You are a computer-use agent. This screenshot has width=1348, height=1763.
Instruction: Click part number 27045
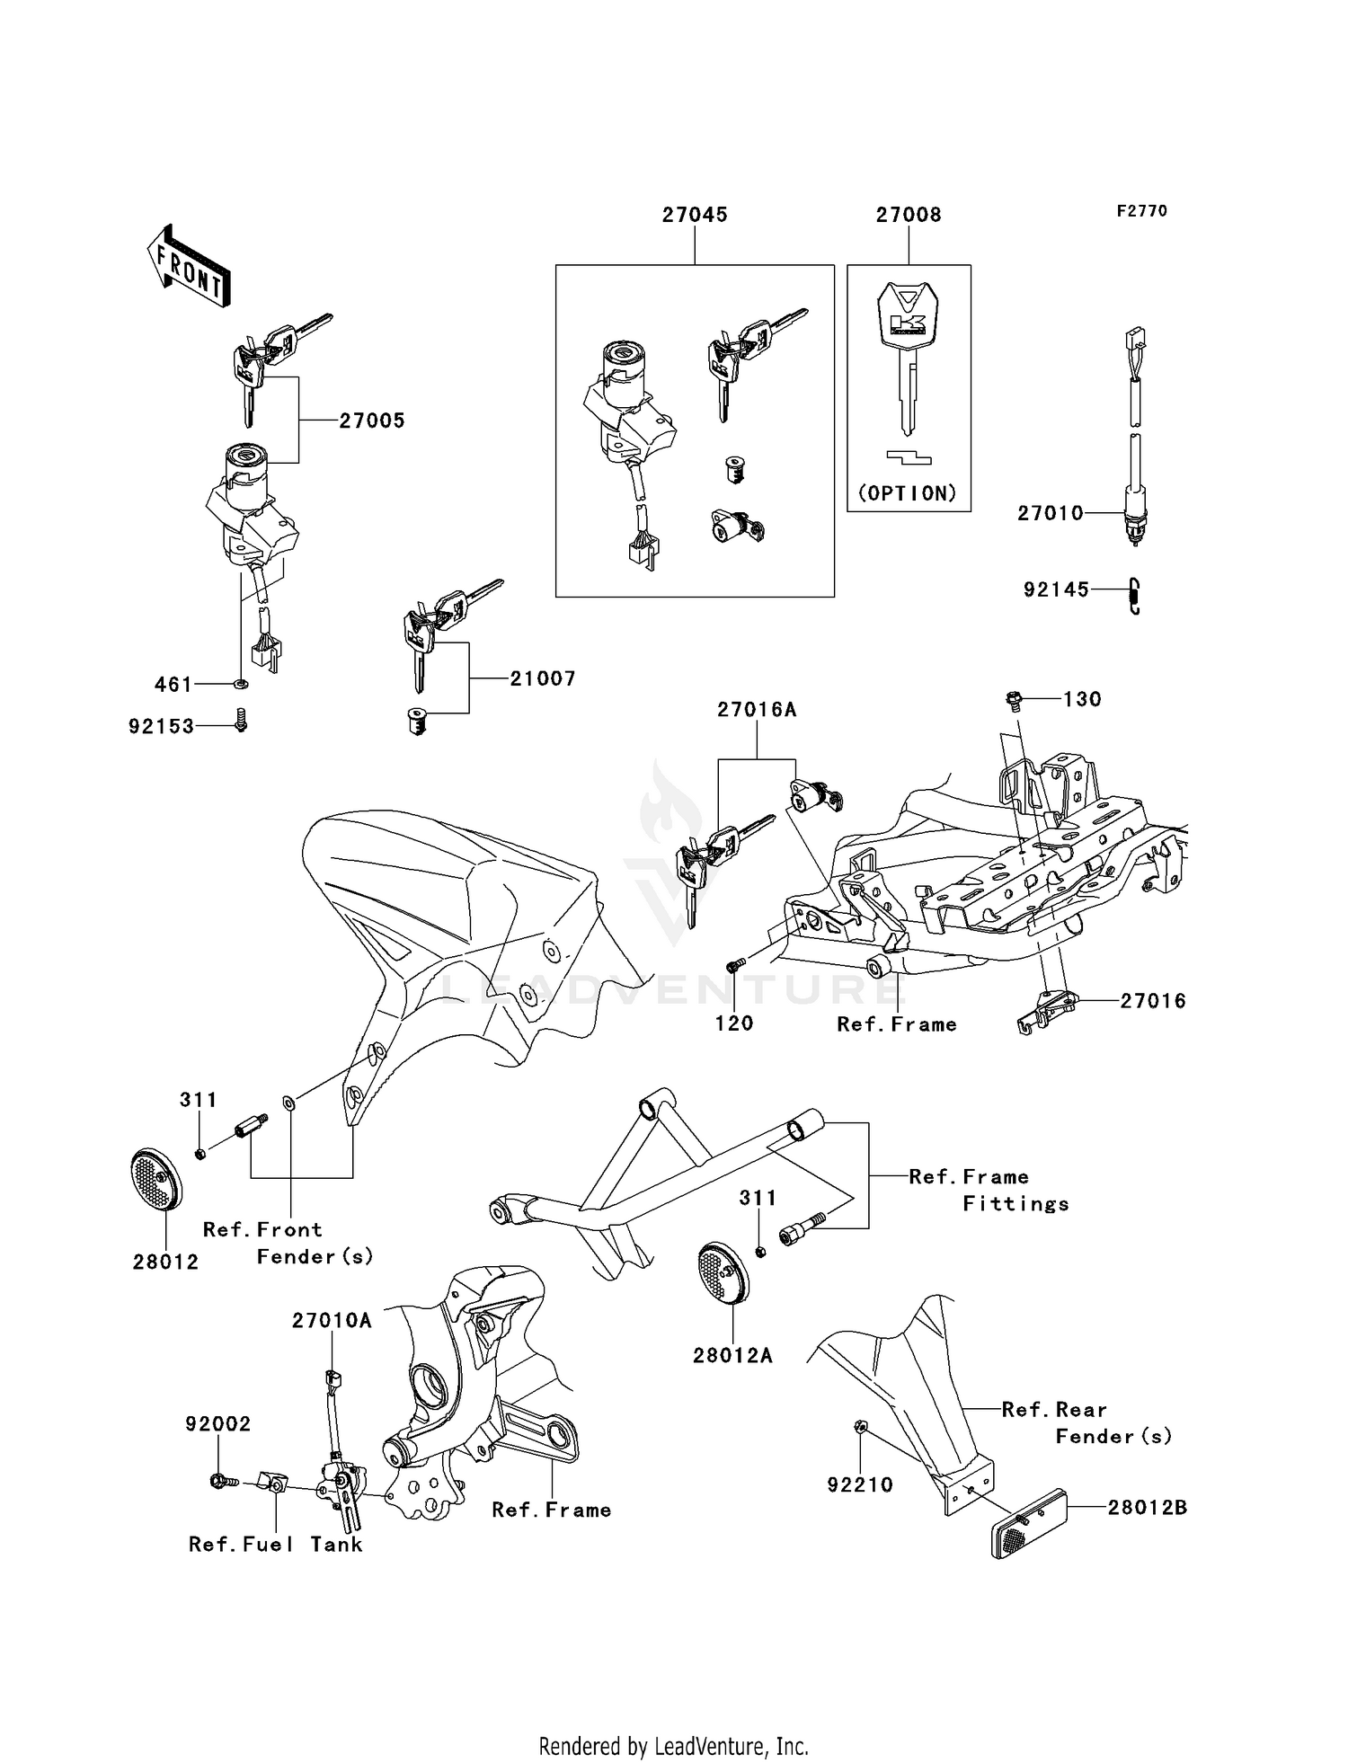(x=695, y=215)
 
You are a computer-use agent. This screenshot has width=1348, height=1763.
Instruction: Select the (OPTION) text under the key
(x=909, y=493)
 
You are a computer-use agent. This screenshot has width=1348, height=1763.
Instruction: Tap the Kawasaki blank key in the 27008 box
(x=908, y=355)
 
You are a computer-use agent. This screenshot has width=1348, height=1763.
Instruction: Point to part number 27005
(x=371, y=421)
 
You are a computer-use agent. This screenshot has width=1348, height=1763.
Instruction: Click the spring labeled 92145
(x=1134, y=594)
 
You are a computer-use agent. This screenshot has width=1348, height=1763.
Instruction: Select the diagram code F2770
(x=1141, y=211)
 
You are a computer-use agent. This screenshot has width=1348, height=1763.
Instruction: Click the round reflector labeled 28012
(x=156, y=1178)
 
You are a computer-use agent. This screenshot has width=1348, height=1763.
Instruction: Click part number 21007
(x=542, y=679)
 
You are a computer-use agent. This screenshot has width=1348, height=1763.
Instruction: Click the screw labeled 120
(x=734, y=965)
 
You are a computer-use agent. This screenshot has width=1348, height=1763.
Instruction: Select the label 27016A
(x=757, y=710)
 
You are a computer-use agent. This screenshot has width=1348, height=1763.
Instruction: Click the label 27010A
(x=331, y=1321)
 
